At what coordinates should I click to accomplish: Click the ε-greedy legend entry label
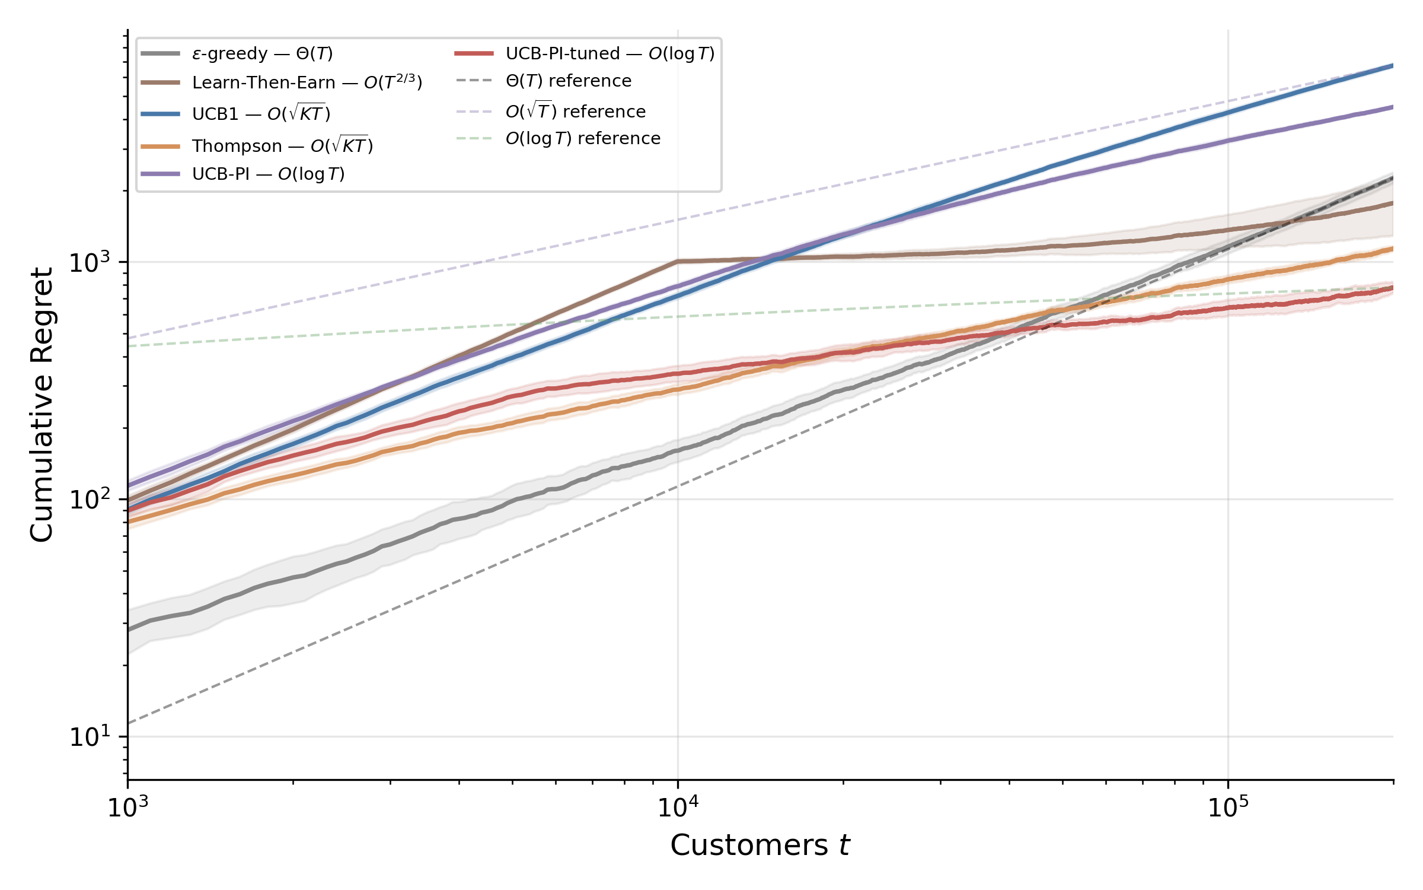[263, 53]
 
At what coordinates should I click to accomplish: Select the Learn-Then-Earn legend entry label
[307, 82]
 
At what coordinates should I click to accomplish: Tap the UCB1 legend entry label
[261, 113]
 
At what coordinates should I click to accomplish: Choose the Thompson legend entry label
[283, 145]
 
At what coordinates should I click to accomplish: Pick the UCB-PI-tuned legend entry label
[610, 53]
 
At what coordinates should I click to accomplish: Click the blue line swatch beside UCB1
[160, 113]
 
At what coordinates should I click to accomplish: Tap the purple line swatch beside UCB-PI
[160, 174]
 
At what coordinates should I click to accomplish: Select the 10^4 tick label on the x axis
[678, 806]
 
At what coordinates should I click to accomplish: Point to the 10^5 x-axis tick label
[1228, 806]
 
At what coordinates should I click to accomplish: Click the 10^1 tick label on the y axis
[90, 736]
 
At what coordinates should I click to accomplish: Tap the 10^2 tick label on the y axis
[90, 499]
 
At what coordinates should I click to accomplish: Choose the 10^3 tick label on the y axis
[90, 262]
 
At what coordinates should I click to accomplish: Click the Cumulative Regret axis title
[42, 405]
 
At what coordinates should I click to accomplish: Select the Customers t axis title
[760, 846]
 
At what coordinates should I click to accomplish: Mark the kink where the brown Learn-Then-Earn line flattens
[678, 261]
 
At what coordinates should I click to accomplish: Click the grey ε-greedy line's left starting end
[129, 630]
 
